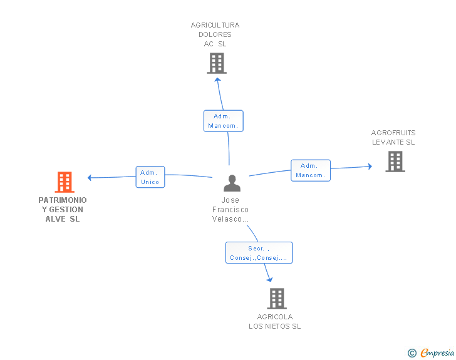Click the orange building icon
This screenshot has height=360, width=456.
coord(65,182)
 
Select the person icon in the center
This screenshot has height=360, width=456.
coord(232,183)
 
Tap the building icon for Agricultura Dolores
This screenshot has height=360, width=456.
coord(217,63)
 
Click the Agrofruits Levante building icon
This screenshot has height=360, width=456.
coord(395,162)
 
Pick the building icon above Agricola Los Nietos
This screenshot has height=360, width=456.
coord(277,299)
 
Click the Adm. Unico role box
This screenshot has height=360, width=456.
coord(150,177)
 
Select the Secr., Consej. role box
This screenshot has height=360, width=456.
coord(259,253)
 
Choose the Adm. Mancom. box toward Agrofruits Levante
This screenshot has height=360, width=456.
coord(311,170)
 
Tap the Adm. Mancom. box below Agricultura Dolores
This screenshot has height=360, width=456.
coord(224,121)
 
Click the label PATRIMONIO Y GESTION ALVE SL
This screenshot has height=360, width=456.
coord(63,209)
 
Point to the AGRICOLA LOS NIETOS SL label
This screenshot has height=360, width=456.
coord(275,321)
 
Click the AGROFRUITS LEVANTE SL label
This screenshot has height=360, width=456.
coord(393,138)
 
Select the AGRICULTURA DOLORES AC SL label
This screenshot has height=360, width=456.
coord(215,34)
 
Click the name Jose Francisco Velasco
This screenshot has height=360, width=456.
coord(231,209)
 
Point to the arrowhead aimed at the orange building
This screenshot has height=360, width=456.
coord(90,177)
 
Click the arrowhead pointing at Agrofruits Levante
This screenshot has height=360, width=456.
coord(370,167)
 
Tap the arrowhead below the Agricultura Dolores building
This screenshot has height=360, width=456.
coord(217,80)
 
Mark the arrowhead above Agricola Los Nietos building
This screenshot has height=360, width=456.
coord(270,279)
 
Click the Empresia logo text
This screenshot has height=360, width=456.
coord(437,352)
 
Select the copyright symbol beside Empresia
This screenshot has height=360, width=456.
coord(412,353)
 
